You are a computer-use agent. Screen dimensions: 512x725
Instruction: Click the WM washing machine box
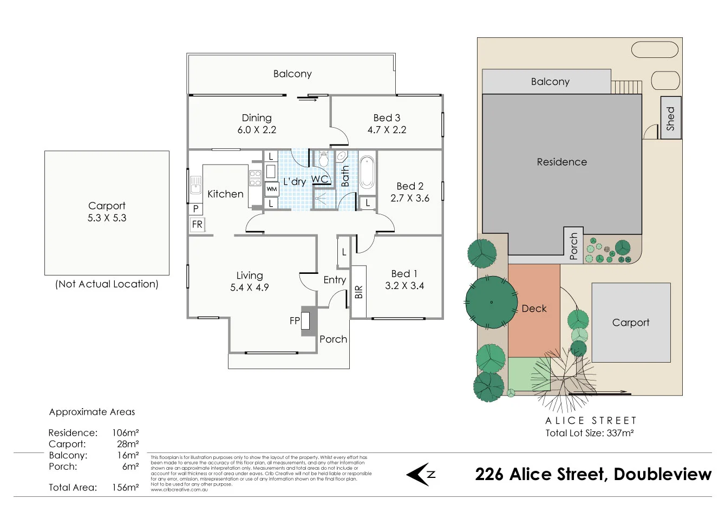point(272,189)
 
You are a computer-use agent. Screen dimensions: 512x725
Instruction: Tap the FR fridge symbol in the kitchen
point(197,224)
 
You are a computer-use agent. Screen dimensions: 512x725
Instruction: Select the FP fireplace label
point(295,321)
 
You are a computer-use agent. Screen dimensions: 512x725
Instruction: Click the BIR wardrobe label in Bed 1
point(358,292)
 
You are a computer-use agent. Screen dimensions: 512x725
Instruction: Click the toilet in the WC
point(324,159)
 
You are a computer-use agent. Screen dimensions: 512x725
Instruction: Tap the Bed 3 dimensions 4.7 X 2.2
point(387,130)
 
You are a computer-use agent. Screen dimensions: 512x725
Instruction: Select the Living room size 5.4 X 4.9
point(249,287)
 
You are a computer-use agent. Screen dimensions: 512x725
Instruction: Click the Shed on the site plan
point(670,118)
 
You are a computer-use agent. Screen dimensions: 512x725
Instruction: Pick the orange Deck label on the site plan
point(534,308)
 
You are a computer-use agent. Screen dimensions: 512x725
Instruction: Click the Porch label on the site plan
point(574,246)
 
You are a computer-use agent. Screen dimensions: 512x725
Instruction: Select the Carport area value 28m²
point(128,444)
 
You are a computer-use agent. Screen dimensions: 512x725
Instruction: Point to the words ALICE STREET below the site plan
point(591,421)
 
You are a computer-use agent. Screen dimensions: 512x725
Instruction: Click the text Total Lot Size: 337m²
point(589,433)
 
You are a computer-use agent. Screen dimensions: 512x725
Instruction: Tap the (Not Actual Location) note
point(107,284)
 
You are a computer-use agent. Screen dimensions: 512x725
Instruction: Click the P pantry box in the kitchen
point(195,208)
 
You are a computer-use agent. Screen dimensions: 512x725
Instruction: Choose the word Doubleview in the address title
point(662,475)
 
